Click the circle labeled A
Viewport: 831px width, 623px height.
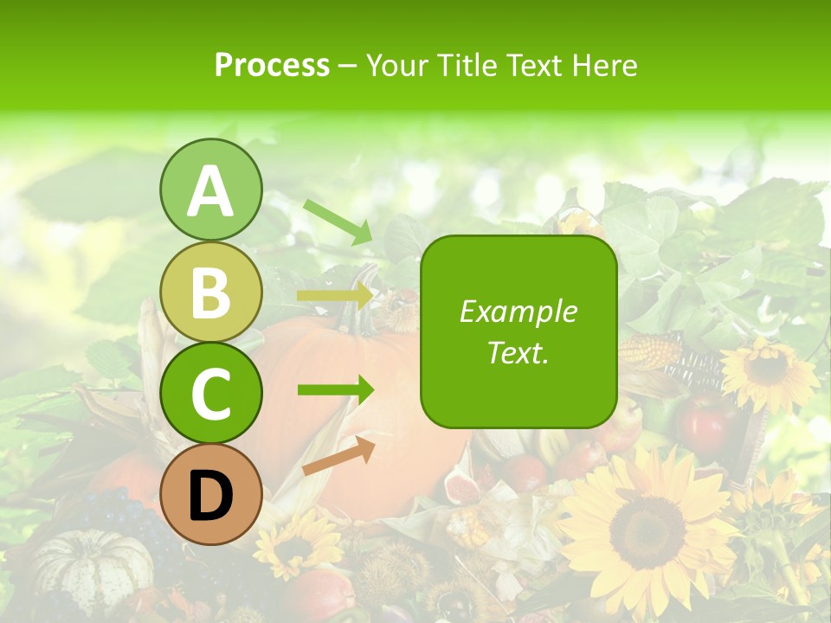tap(210, 190)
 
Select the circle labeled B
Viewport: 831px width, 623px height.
tap(210, 292)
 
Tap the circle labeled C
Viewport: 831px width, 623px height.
tap(210, 393)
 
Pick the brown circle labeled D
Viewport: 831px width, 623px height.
tap(210, 494)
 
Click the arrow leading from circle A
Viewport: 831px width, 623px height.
tap(338, 222)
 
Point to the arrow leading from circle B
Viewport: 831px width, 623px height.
tap(335, 296)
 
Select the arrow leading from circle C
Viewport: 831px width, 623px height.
tap(335, 389)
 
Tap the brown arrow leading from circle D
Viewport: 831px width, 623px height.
tap(338, 456)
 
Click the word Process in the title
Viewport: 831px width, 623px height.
tap(272, 65)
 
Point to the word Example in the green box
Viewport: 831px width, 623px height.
tap(518, 311)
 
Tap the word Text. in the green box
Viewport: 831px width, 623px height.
tap(518, 352)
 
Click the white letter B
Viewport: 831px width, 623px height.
tap(210, 292)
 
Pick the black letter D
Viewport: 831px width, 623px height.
tap(210, 495)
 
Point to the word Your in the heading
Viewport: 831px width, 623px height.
tap(396, 65)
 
